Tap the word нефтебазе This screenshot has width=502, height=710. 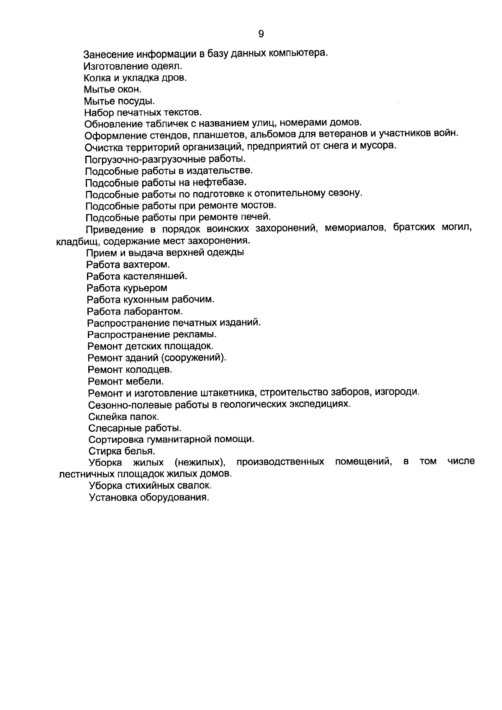(220, 182)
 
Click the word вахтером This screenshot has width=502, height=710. (146, 265)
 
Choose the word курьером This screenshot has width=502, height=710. (145, 288)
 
